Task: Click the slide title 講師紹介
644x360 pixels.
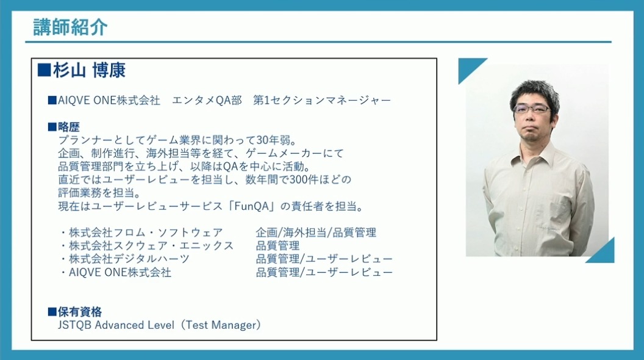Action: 70,27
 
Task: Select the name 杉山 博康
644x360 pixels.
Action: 89,70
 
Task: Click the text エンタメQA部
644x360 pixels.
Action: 207,100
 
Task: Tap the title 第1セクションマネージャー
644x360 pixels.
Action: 322,100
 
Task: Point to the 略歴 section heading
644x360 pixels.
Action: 68,127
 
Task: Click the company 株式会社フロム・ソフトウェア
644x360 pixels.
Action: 146,232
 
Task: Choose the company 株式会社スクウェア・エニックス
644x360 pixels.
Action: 151,246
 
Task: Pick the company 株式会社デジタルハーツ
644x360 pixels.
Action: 129,259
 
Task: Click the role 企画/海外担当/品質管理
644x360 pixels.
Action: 316,232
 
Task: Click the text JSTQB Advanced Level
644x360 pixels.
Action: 116,325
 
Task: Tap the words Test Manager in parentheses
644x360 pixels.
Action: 222,325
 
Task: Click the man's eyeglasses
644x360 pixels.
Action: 532,109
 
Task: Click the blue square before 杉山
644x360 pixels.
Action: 44,70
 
